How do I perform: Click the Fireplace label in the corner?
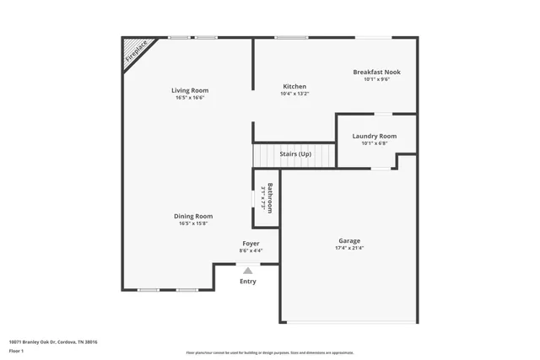coord(137,51)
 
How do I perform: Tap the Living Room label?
coord(190,90)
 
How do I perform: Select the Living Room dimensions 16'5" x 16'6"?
coord(190,98)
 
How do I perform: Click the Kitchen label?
coord(294,86)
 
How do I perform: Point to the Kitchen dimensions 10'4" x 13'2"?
coord(294,94)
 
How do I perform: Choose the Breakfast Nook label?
coord(376,72)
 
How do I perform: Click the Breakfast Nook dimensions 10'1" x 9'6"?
coord(376,79)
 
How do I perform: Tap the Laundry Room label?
coord(374,136)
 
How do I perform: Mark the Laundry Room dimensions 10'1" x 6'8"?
coord(374,143)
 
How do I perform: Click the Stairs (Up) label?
coord(295,154)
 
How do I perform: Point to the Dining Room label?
coord(193,216)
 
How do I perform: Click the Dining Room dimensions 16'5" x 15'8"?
coord(193,223)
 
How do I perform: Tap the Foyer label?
coord(251,243)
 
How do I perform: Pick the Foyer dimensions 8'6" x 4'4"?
coord(251,250)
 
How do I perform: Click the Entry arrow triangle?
coord(248,271)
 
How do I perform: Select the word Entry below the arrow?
coord(248,282)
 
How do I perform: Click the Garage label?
coord(348,240)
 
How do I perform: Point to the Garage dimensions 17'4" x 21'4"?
coord(348,248)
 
